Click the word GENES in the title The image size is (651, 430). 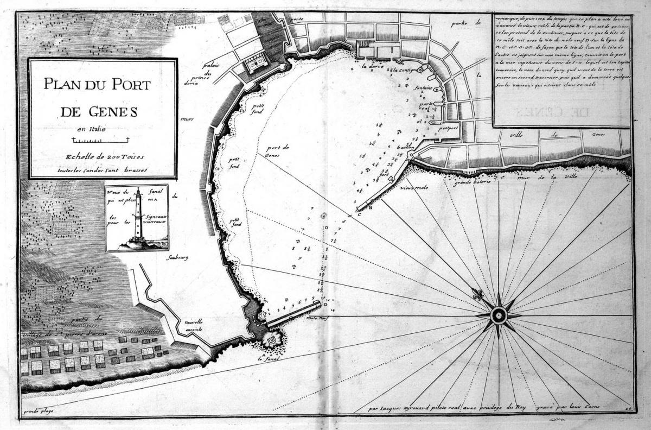[x=113, y=112]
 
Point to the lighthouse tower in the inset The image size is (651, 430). [x=138, y=214]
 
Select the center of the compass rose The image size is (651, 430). [x=498, y=315]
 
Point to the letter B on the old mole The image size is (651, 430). [x=371, y=207]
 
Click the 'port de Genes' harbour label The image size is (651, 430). [x=279, y=151]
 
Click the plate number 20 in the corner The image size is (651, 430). [x=627, y=407]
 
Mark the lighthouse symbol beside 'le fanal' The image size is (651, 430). [x=270, y=339]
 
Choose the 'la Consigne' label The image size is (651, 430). [x=406, y=71]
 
